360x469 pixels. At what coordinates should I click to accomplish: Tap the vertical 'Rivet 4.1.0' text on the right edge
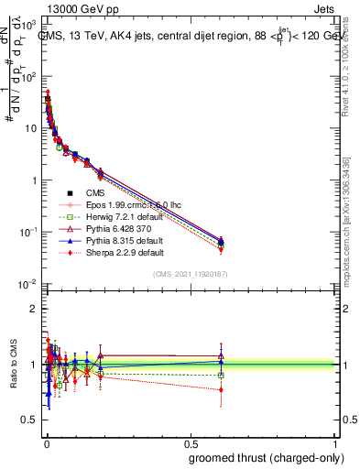click(x=345, y=73)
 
